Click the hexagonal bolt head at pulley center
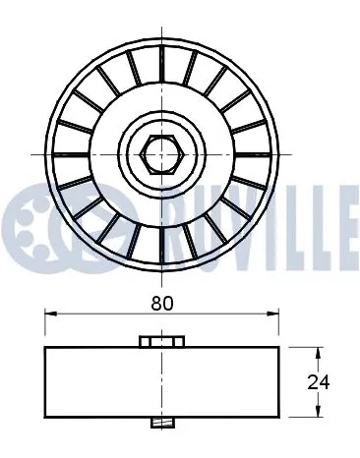coord(159,153)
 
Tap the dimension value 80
coord(163,304)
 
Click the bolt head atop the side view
coord(162,341)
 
